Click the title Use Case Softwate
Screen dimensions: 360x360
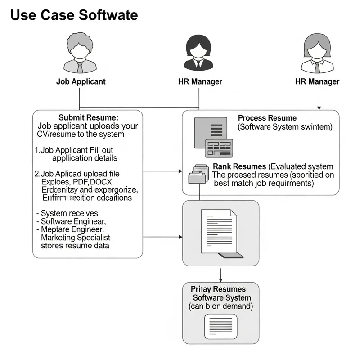tap(74, 15)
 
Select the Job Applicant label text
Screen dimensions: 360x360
tap(81, 81)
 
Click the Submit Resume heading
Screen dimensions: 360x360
tap(88, 117)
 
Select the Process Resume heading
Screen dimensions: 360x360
tap(267, 118)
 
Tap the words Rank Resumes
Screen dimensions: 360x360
tap(240, 167)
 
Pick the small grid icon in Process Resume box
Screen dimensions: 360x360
tap(218, 148)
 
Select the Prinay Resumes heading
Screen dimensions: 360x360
tap(218, 289)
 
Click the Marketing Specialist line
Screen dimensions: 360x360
tap(76, 238)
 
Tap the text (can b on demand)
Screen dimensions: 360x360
tap(220, 306)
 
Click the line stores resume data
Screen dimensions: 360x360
tap(75, 246)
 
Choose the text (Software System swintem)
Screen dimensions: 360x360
tap(285, 127)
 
